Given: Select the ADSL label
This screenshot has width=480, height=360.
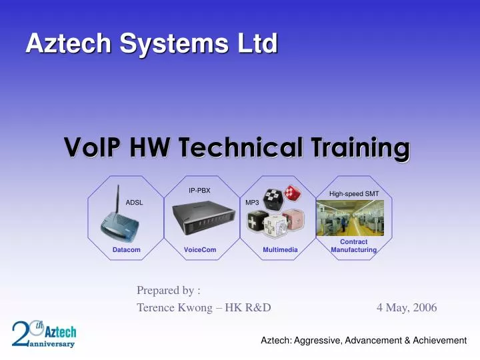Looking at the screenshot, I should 134,202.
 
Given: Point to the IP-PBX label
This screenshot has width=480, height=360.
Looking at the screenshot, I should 199,191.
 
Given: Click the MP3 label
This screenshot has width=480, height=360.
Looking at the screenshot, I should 252,202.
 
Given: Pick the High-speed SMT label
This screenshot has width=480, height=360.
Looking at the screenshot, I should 354,193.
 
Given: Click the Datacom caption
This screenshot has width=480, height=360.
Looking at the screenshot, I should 126,249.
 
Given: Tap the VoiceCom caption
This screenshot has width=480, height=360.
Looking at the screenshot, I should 200,249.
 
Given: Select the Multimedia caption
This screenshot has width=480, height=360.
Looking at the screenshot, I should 280,249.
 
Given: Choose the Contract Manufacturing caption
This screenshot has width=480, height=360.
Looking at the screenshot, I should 353,245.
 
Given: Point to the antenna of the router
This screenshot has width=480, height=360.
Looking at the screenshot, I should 118,197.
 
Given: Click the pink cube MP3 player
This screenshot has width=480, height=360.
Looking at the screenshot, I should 293,221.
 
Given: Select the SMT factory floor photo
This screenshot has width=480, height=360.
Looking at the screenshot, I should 353,217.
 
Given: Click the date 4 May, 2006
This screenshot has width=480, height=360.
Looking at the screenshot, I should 407,307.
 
